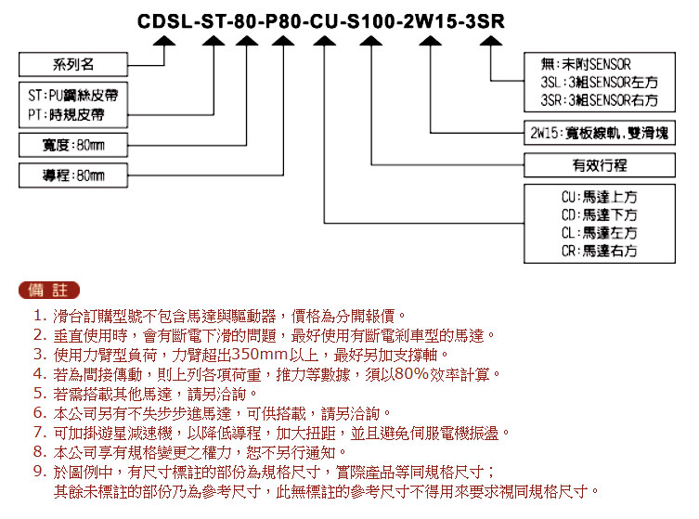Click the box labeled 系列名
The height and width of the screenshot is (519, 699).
click(x=73, y=65)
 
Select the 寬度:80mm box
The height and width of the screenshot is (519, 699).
click(x=73, y=145)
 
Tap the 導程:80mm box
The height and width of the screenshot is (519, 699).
click(x=73, y=175)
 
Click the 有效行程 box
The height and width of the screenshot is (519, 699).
click(x=600, y=165)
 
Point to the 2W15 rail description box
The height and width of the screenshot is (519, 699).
click(x=600, y=133)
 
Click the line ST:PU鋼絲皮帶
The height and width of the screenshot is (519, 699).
click(x=73, y=95)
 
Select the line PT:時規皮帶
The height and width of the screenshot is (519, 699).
click(x=66, y=115)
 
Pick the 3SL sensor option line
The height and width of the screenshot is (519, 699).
click(x=599, y=82)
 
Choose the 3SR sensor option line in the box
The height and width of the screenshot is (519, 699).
click(x=599, y=100)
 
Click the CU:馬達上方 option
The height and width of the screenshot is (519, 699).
click(x=599, y=197)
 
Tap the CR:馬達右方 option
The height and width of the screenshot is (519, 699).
click(x=599, y=251)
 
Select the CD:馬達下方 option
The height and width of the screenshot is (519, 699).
click(x=599, y=214)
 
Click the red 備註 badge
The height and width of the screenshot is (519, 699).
click(x=49, y=291)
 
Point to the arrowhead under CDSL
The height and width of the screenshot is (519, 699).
click(x=164, y=41)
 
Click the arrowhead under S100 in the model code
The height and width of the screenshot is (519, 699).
click(x=371, y=41)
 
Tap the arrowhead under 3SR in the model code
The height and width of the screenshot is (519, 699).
click(x=491, y=41)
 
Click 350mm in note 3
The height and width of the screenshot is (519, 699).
click(x=259, y=355)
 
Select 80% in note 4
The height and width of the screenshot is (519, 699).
click(x=411, y=373)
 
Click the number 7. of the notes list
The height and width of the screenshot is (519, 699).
click(x=40, y=433)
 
